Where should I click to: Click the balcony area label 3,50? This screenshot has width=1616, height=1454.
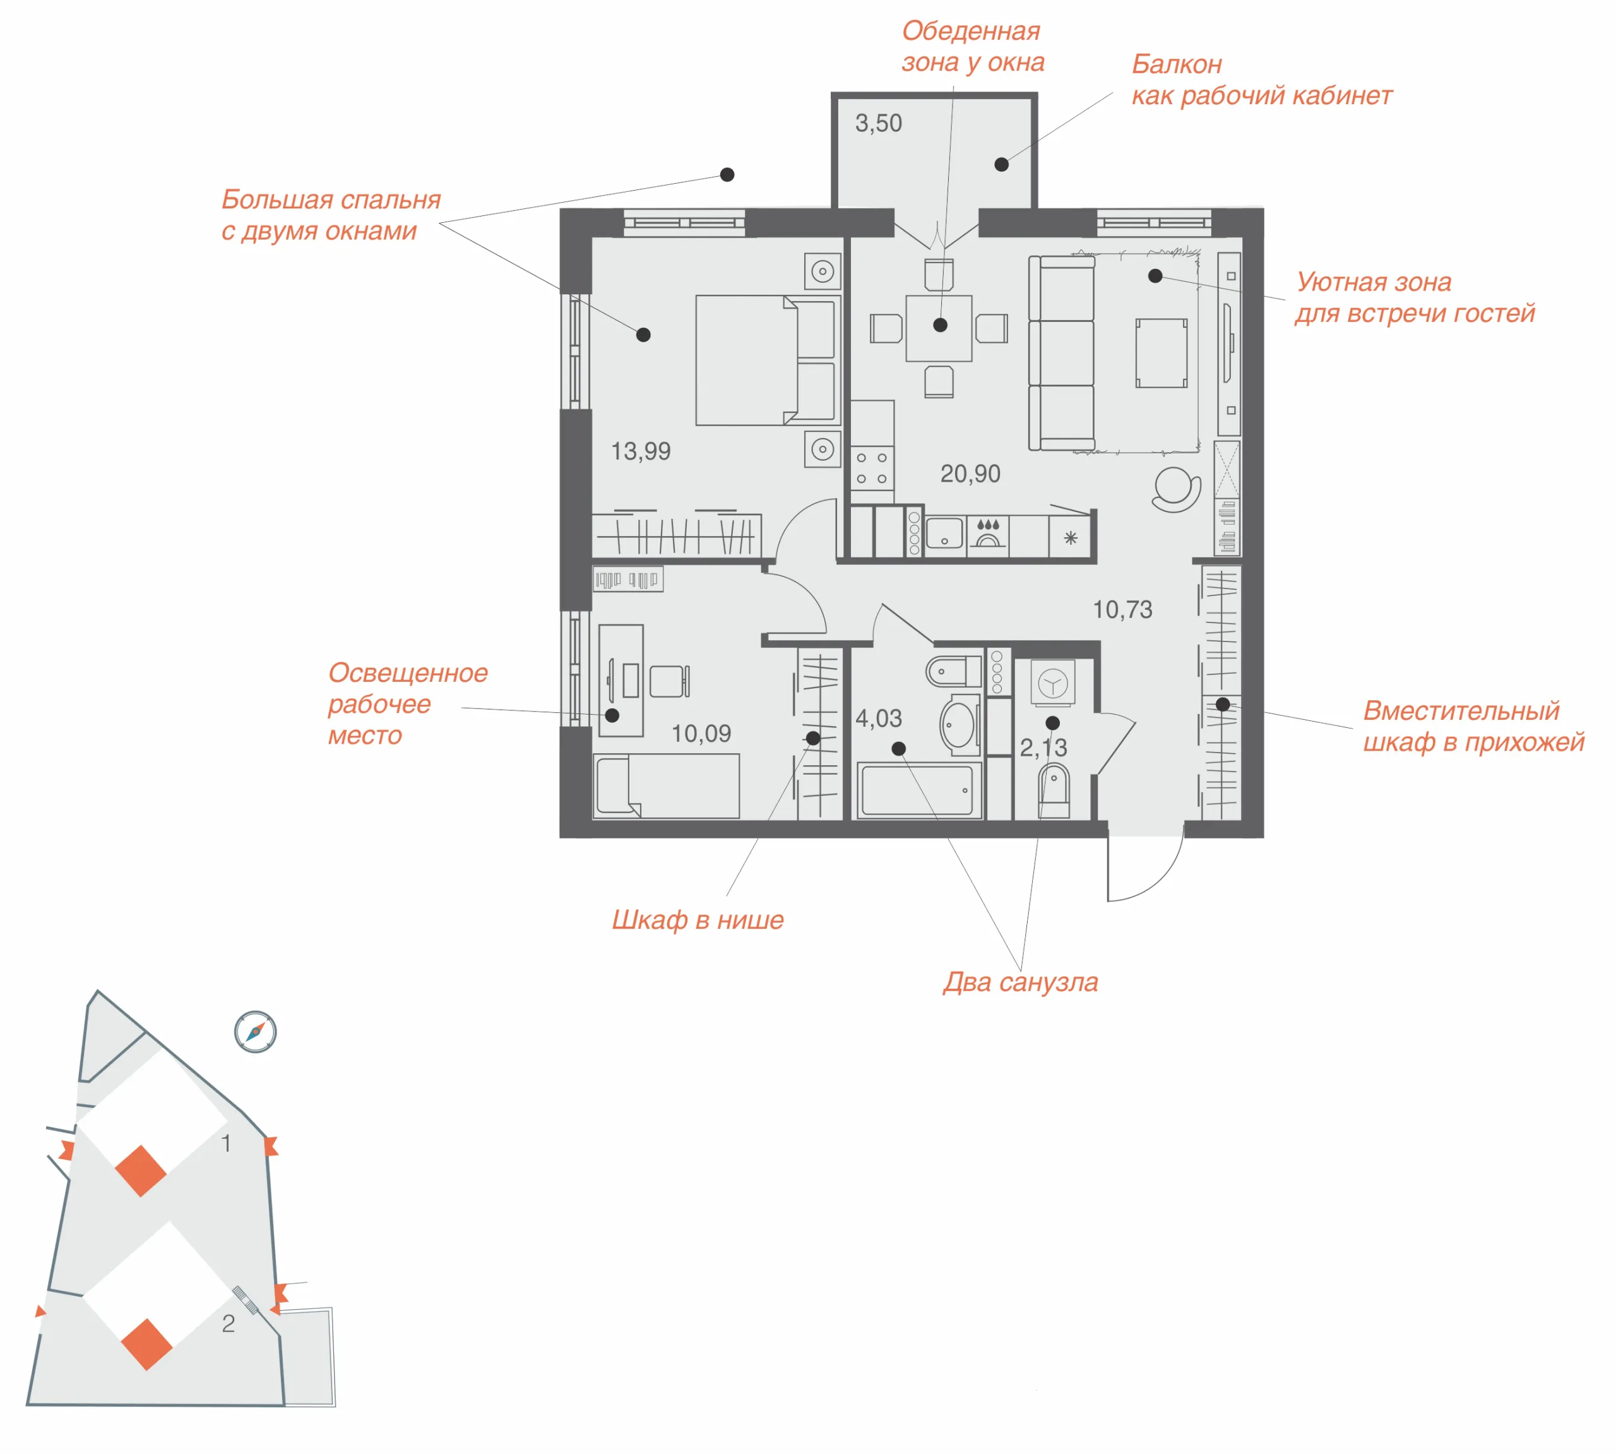(878, 123)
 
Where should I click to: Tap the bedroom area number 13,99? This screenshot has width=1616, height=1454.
(641, 451)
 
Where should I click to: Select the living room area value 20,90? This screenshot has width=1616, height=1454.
(970, 474)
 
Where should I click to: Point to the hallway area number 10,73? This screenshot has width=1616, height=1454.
(1122, 609)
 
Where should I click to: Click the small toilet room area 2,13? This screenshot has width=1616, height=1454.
(1043, 747)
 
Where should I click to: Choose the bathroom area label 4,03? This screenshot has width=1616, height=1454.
(879, 718)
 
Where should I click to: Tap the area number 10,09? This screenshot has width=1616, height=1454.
(701, 734)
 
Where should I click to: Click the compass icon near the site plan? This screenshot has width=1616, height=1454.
(256, 1032)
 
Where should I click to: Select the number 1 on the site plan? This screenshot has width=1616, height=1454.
(226, 1143)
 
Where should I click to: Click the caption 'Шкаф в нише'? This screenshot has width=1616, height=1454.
(698, 921)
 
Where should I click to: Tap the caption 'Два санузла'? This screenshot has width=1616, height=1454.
(1020, 982)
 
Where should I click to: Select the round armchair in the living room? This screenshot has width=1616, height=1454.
(1176, 489)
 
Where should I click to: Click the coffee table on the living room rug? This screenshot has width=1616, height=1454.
(1161, 353)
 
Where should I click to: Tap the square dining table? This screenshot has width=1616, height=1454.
(939, 328)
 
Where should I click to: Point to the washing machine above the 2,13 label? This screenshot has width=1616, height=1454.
(1053, 683)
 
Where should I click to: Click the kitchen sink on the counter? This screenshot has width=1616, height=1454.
(944, 533)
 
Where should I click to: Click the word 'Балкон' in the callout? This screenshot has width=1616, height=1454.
(1177, 64)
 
